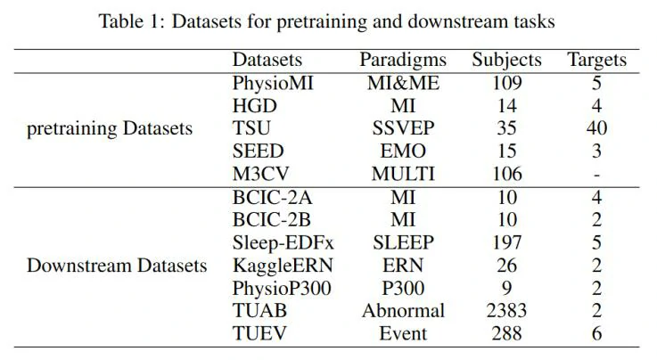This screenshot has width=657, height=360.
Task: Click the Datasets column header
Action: coord(267,61)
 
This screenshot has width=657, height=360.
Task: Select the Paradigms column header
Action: coord(402,61)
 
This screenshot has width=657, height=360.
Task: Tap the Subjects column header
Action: coord(506,61)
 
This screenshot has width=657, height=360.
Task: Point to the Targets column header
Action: coord(596,61)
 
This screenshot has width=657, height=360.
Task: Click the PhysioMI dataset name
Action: coord(272,84)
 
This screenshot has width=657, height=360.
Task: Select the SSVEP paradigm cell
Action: coord(402,128)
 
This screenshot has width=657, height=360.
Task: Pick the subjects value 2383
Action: coord(506,311)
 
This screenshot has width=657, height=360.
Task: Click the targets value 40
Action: coord(596,128)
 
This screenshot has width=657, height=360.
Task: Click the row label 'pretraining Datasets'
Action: coord(111,128)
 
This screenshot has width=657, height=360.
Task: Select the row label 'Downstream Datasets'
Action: coord(117,266)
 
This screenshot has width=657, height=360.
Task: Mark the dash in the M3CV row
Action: coord(596,174)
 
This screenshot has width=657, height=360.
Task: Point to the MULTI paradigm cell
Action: coord(402,174)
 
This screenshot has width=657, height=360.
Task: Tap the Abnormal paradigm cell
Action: coord(402,311)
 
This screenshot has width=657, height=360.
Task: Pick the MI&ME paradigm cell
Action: coord(402,84)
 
